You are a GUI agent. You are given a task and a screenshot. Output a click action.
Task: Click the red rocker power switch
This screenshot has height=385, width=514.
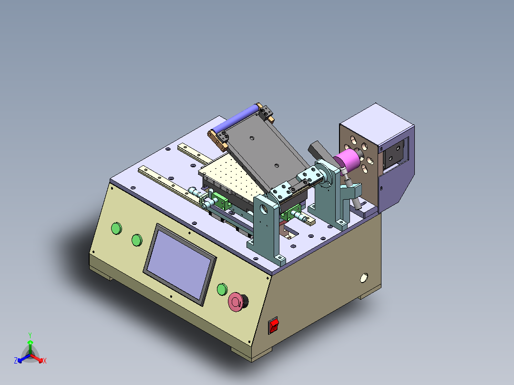click(x=273, y=325)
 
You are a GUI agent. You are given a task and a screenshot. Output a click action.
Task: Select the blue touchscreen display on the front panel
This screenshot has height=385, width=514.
click(x=179, y=264)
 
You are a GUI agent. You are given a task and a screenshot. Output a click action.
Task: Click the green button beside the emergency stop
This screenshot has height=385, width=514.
click(x=222, y=289)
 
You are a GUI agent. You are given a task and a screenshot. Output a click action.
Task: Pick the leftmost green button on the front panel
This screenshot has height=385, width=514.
click(x=117, y=228)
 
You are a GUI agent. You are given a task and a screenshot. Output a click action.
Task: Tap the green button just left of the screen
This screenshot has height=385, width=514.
click(x=137, y=240)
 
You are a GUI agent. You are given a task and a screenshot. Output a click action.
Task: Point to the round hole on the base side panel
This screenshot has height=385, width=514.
click(x=364, y=278)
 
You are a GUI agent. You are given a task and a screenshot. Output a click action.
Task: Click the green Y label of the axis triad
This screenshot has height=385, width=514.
click(x=30, y=335)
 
